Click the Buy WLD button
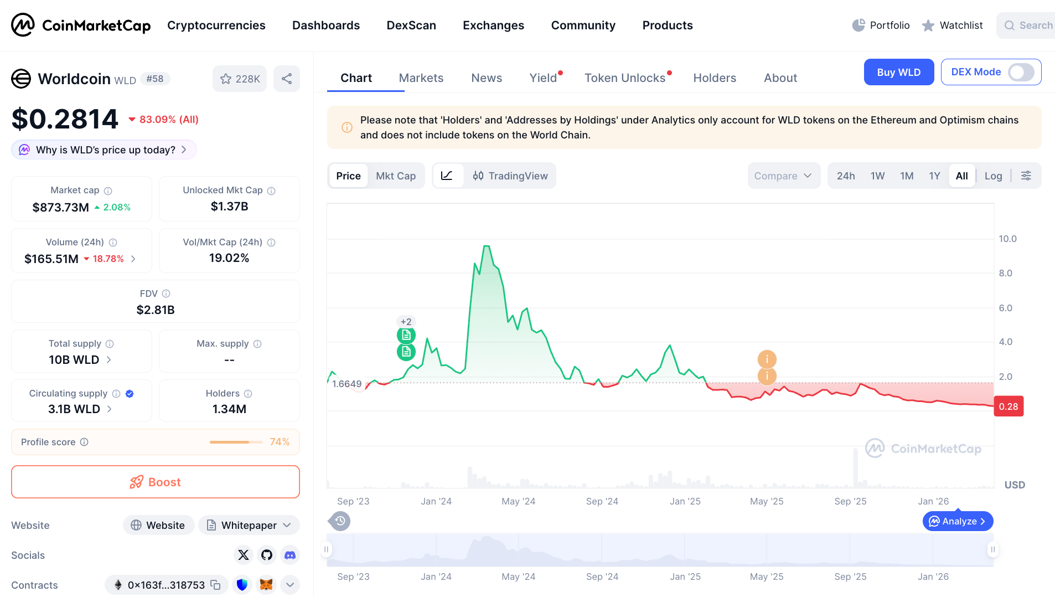click(898, 72)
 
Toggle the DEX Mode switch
click(1020, 72)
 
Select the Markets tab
click(421, 78)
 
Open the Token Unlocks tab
click(625, 78)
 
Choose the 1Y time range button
click(934, 176)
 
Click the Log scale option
click(993, 176)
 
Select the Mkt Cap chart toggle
click(395, 176)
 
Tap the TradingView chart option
click(510, 176)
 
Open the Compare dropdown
click(783, 176)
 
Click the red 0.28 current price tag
click(1008, 406)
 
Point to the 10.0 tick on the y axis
click(1007, 239)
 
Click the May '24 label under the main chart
click(518, 501)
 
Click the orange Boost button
click(156, 482)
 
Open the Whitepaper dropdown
click(249, 525)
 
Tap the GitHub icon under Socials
click(267, 555)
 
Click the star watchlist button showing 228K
click(240, 79)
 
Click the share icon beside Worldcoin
click(287, 79)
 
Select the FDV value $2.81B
click(156, 310)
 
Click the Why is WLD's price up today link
click(105, 150)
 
